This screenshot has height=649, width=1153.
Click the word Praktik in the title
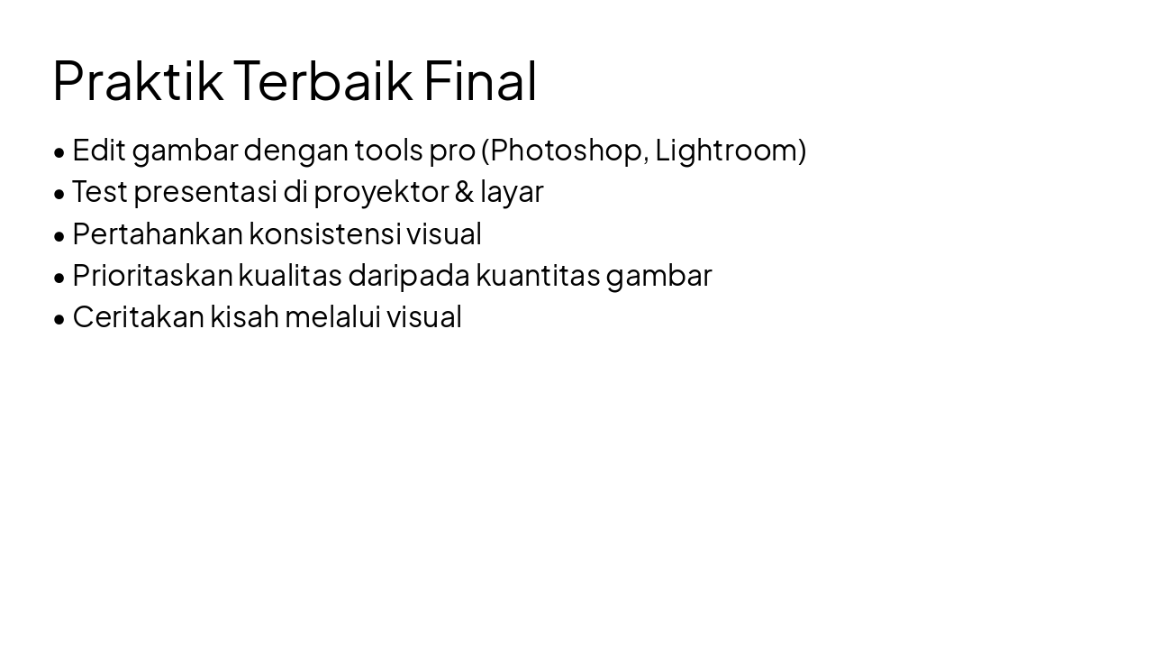(138, 80)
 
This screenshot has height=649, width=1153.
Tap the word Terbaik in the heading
(323, 80)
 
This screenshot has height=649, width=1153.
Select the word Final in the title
(480, 80)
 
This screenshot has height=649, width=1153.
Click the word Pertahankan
(158, 233)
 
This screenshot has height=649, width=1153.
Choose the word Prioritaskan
(152, 275)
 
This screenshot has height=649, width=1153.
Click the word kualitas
(290, 275)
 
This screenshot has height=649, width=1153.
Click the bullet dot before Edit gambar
(59, 152)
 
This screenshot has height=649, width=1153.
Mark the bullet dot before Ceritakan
(59, 319)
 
